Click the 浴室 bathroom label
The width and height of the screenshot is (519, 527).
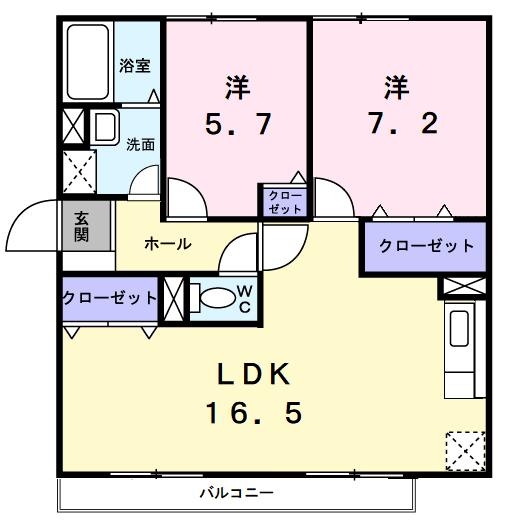coord(135,66)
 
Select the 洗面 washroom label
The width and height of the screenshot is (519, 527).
coord(140,143)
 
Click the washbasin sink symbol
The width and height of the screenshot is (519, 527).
coord(105,127)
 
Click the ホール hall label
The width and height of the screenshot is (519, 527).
coord(167,243)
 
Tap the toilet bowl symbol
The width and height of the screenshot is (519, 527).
coord(213,297)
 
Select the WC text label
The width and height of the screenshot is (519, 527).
coord(243,298)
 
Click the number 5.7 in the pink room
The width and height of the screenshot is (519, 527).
coord(239,124)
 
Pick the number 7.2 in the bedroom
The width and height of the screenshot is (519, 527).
coord(397,124)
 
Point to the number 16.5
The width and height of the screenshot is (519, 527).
coord(254,411)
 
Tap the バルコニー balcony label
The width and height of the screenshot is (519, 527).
coord(236,492)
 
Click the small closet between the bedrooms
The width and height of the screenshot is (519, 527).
coord(285,200)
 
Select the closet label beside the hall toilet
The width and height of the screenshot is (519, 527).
coord(109,298)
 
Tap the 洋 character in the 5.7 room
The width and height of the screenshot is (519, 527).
coord(237,88)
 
